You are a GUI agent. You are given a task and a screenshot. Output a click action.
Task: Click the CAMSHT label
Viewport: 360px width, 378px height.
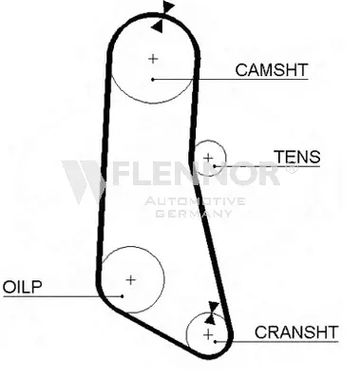click(272, 70)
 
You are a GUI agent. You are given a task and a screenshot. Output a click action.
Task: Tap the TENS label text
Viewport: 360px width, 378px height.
click(297, 157)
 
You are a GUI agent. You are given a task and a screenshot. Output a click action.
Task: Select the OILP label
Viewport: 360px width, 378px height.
click(22, 287)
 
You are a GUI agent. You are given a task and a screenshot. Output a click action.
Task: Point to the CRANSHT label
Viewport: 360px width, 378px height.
click(296, 332)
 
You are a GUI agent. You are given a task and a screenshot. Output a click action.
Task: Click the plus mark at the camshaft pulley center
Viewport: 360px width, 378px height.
click(153, 59)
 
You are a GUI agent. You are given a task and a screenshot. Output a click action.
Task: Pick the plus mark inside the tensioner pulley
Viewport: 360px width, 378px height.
click(208, 158)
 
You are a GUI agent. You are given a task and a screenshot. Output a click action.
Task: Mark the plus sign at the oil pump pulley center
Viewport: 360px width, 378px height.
click(130, 280)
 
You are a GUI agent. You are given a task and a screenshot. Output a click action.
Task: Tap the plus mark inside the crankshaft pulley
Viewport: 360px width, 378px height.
click(208, 334)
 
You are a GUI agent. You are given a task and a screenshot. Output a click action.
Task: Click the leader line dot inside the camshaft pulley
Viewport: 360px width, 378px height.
click(153, 80)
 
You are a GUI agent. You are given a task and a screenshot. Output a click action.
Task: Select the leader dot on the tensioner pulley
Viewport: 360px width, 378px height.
click(215, 166)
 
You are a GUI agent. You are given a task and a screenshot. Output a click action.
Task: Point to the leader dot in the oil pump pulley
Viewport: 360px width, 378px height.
click(123, 296)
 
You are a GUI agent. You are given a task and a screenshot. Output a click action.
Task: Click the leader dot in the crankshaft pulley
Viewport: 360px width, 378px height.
click(215, 342)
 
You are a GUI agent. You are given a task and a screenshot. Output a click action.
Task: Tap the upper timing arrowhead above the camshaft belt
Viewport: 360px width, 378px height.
click(168, 7)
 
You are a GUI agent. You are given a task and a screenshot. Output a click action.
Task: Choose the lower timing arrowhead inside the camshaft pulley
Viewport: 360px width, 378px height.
click(158, 26)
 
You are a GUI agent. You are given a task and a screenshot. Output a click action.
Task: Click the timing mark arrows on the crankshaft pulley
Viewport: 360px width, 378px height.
click(211, 312)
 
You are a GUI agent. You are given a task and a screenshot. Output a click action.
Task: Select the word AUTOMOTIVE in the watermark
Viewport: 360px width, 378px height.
click(195, 201)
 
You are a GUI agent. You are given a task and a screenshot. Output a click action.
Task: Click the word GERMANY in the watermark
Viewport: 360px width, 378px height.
click(194, 214)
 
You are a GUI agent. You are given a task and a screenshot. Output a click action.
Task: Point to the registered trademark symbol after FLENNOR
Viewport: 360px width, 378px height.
click(292, 168)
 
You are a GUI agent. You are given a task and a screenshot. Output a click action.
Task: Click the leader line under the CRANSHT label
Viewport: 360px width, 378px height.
click(276, 342)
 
